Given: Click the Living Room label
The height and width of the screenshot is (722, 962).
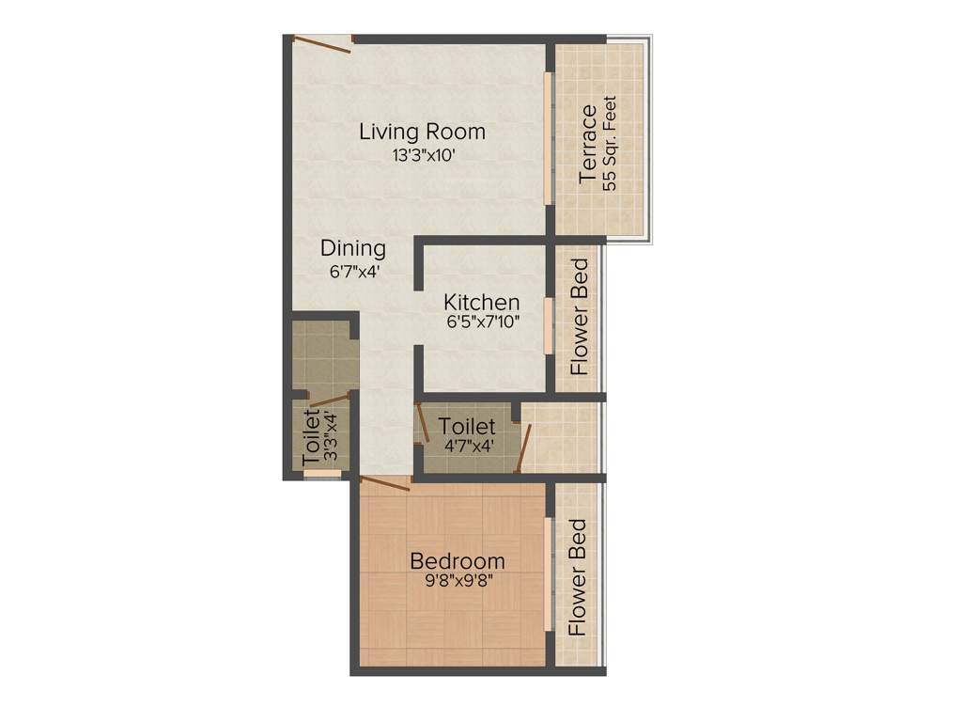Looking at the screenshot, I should click(x=422, y=132).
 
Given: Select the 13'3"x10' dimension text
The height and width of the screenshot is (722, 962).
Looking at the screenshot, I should click(x=424, y=156).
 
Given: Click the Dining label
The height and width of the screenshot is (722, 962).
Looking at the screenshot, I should click(x=353, y=249).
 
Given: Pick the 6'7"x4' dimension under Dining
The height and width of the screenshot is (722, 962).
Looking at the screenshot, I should click(x=353, y=272).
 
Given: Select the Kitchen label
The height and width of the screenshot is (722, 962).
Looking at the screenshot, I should click(x=482, y=303).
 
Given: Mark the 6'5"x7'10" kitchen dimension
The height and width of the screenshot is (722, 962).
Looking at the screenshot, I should click(x=483, y=322).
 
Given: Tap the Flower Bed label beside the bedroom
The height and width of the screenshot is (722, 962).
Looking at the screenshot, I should click(x=579, y=577).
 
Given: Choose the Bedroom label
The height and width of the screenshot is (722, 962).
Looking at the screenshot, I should click(x=458, y=561).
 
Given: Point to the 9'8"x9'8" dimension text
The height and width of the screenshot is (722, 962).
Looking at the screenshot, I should click(x=458, y=581).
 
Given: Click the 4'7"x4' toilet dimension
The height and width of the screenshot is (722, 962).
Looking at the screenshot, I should click(x=466, y=446).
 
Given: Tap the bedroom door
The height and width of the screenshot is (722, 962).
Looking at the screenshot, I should click(x=384, y=482).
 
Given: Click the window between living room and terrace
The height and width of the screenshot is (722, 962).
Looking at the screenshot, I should click(x=548, y=136).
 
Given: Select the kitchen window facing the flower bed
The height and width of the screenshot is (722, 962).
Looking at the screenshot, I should click(x=548, y=324).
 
